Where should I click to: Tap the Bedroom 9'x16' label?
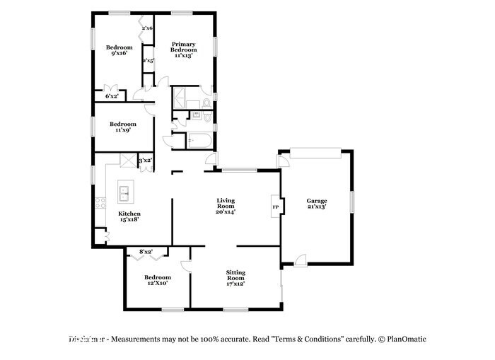[x=120, y=52]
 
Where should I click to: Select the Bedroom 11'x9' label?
[x=123, y=127]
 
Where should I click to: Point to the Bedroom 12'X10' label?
[x=157, y=280]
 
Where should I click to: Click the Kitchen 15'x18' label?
[x=129, y=216]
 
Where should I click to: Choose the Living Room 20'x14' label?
[x=226, y=206]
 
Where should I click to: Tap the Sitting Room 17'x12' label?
[x=235, y=277]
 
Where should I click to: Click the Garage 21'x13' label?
[x=316, y=204]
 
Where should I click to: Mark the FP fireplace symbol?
[x=276, y=207]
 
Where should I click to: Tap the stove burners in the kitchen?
[x=98, y=206]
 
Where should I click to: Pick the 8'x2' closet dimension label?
[x=146, y=251]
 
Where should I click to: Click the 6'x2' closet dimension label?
[x=112, y=96]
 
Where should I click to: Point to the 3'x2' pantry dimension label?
[x=145, y=161]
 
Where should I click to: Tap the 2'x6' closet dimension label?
[x=148, y=28]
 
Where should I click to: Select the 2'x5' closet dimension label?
[x=148, y=61]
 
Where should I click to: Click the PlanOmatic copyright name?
[x=405, y=339]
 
